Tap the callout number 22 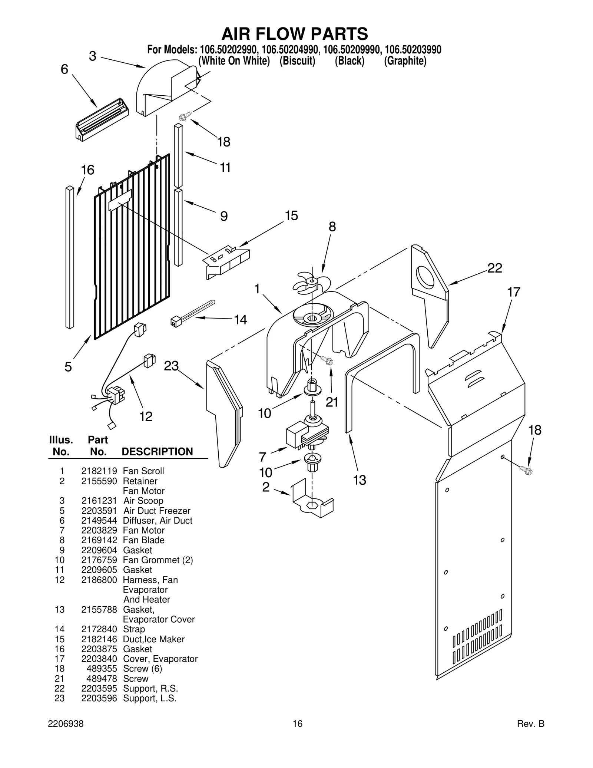494,268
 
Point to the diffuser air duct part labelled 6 102,120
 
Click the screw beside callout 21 327,360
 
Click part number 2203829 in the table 99,530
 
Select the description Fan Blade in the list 143,540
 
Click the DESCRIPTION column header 157,451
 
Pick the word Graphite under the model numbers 405,61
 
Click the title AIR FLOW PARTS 295,34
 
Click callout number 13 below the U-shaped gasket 359,480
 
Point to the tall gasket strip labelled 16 70,257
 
